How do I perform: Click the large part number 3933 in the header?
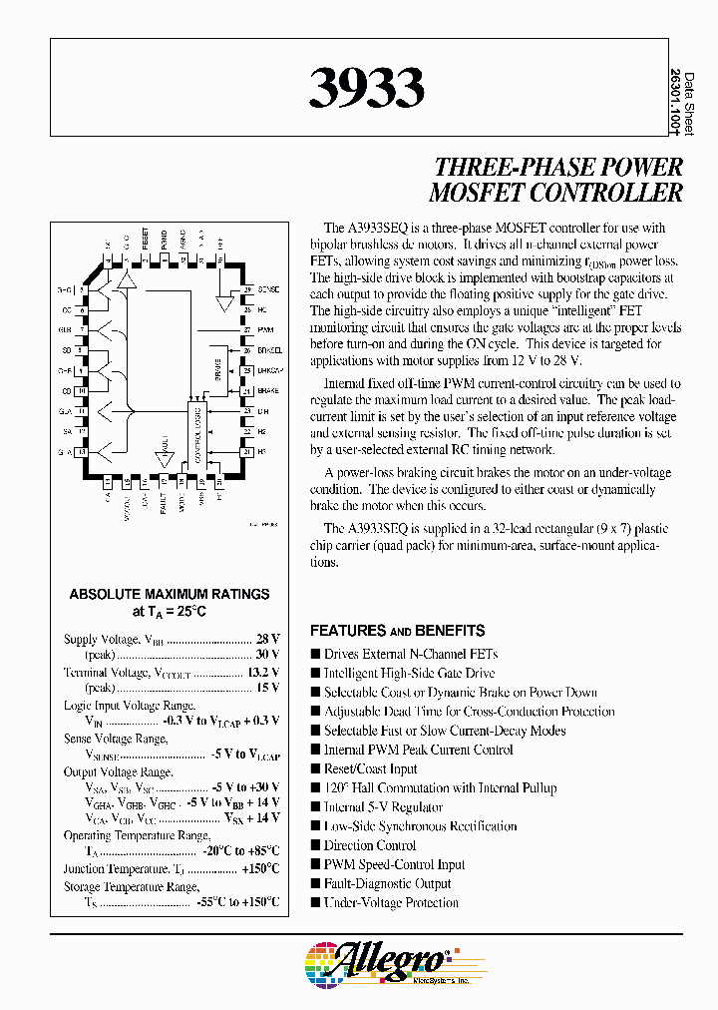pyautogui.click(x=367, y=89)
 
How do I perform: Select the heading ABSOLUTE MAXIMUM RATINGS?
pyautogui.click(x=170, y=594)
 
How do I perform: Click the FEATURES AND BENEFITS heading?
pyautogui.click(x=397, y=631)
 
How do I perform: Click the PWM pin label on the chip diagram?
pyautogui.click(x=265, y=328)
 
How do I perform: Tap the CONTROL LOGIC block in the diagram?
pyautogui.click(x=197, y=429)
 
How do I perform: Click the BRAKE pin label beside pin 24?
pyautogui.click(x=268, y=391)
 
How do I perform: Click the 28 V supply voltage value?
pyautogui.click(x=268, y=640)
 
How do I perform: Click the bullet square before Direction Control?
pyautogui.click(x=315, y=845)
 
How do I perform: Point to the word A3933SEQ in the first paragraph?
pyautogui.click(x=387, y=228)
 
